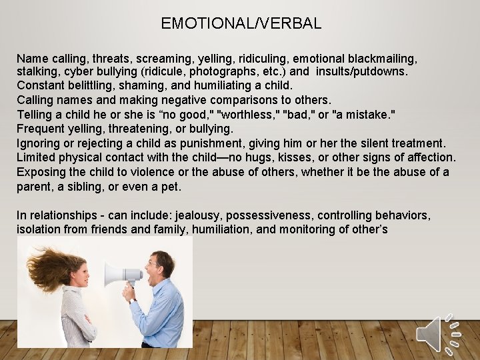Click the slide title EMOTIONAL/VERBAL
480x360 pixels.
pos(241,23)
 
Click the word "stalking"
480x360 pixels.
pos(37,71)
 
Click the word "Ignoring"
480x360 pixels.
pos(39,143)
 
